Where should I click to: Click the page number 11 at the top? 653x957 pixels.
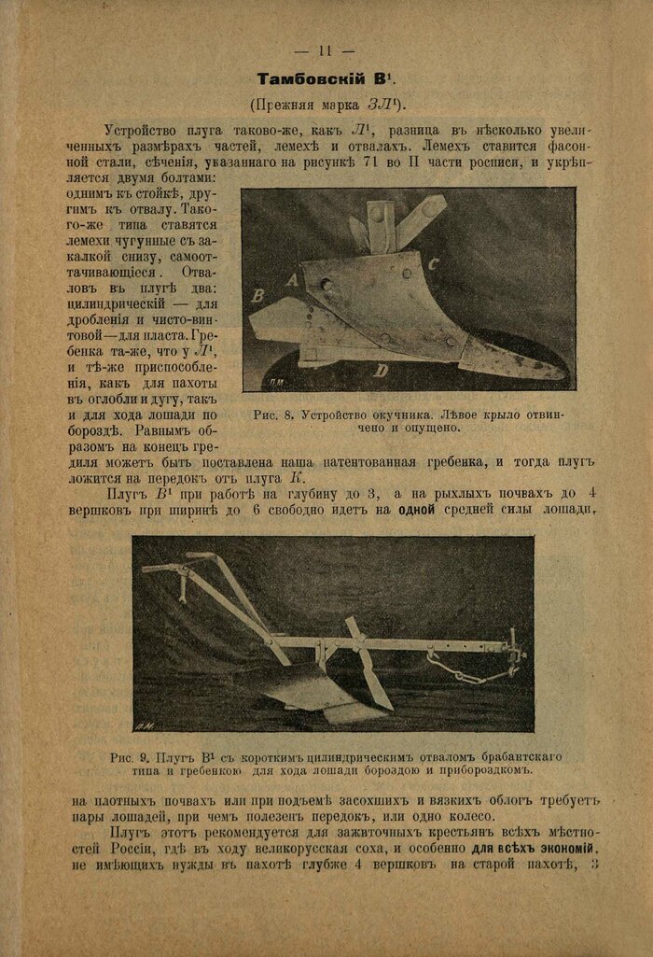tap(325, 50)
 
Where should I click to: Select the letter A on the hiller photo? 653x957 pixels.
tap(291, 278)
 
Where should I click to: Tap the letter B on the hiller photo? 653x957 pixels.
tap(259, 296)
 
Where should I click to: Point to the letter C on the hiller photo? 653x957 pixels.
tap(434, 264)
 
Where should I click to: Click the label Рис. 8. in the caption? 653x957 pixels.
tap(273, 415)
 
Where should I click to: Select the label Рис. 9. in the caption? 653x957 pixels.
tap(129, 755)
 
